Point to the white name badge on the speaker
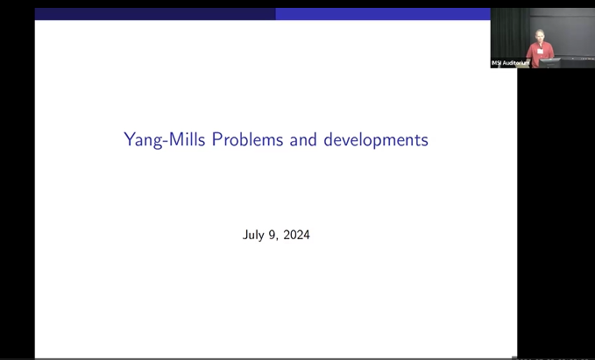[539, 50]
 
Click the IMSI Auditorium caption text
[511, 63]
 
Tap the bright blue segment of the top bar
[382, 14]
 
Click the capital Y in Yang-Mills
[130, 138]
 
